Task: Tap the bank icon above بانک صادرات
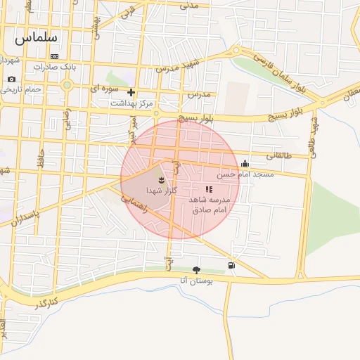tap(55, 56)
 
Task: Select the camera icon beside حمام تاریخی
tap(11, 79)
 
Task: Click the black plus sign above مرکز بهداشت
tap(131, 92)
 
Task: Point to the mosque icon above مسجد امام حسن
tap(245, 164)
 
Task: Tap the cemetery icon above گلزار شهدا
tap(161, 181)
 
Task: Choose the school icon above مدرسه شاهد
tap(209, 189)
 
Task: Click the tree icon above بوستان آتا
tap(196, 269)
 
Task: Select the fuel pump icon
tap(231, 265)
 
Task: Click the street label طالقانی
tap(278, 155)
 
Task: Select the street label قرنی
tap(128, 12)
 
